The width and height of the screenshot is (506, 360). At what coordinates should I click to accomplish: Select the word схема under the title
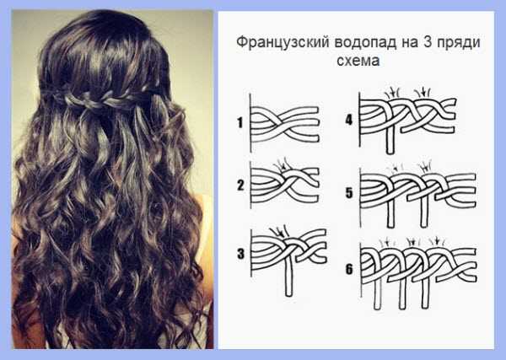[x=358, y=61]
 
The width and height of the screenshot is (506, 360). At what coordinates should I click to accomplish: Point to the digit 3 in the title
[x=427, y=42]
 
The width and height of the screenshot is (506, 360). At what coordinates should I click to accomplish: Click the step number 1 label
[x=240, y=122]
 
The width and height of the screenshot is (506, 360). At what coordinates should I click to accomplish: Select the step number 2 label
[x=240, y=185]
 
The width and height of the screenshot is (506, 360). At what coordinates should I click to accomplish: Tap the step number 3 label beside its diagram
[x=240, y=254]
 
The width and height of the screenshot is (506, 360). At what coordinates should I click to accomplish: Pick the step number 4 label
[x=349, y=120]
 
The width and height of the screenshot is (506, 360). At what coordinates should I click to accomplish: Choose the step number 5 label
[x=349, y=193]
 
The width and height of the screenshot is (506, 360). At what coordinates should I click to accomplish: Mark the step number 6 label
[x=349, y=269]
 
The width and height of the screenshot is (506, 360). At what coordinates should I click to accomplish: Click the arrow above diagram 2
[x=282, y=166]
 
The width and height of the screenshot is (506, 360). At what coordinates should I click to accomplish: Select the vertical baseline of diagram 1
[x=250, y=122]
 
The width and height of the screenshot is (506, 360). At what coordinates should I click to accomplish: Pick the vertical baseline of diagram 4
[x=360, y=120]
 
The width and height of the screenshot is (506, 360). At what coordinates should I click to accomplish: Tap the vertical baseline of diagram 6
[x=361, y=271]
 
